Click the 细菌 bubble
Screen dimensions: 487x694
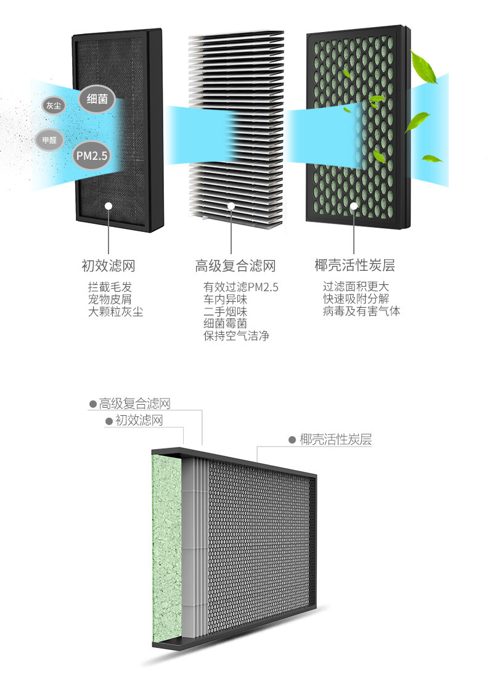96,97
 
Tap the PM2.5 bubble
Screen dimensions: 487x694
91,156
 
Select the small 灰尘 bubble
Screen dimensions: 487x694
53,105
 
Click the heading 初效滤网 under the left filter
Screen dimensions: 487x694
108,266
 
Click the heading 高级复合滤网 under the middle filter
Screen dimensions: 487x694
235,266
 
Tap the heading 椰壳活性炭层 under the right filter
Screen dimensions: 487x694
354,266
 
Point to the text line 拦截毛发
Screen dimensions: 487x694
110,287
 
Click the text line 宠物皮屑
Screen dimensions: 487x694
110,299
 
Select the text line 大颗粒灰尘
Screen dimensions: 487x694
115,312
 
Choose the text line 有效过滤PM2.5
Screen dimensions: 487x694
241,287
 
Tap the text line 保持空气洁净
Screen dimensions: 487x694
236,336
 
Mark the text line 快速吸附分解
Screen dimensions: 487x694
356,299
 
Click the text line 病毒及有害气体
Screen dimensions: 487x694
361,312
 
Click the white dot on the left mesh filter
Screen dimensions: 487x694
108,206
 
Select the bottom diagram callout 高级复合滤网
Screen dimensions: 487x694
134,404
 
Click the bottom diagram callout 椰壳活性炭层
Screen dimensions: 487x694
335,440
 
